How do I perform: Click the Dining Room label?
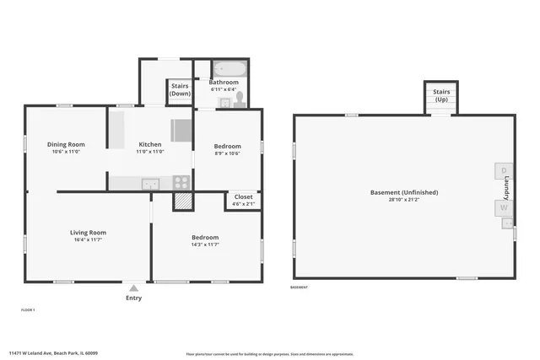point(65,144)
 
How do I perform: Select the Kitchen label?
point(150,144)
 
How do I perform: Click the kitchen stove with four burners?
point(181,181)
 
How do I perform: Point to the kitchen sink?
point(149,183)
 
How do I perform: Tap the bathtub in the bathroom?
point(228,68)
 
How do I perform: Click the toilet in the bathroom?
point(240,99)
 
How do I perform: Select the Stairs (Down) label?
point(181,89)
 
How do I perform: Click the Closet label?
point(243,196)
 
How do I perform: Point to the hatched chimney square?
point(183,201)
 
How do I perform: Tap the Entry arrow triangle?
point(133,287)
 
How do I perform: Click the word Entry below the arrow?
point(133,298)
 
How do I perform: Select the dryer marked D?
point(504,171)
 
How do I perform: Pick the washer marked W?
point(504,207)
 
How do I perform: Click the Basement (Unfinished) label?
point(402,193)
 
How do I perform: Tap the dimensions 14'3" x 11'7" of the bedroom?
point(205,244)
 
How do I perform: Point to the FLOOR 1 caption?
point(28,310)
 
